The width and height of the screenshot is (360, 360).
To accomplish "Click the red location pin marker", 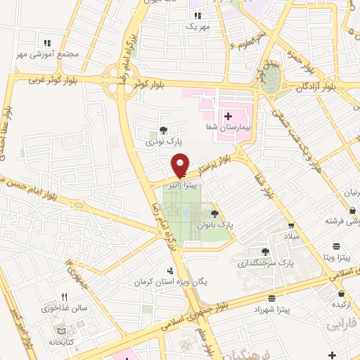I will tap(181, 164).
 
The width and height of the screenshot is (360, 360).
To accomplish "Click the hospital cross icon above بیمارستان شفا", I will tap(228, 115).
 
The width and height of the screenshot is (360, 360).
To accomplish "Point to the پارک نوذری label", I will tap(159, 142).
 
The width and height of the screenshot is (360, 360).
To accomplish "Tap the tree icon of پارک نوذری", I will tap(163, 130).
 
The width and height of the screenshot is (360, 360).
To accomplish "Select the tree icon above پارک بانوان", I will tap(214, 214).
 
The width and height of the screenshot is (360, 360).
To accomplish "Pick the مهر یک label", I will tap(198, 26).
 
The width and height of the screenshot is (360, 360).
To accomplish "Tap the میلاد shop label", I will tap(292, 236).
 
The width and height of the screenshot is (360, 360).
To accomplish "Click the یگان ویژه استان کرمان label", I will tap(176, 281).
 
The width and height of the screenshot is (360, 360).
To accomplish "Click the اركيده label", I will tap(342, 304).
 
